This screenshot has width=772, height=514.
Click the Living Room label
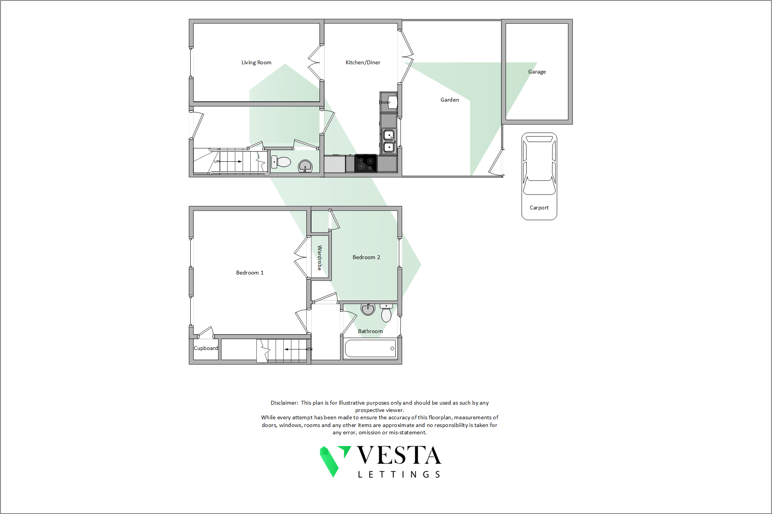(256, 62)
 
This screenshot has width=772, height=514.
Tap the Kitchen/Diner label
(363, 62)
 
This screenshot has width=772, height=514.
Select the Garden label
(450, 100)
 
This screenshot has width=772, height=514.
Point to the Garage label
(537, 72)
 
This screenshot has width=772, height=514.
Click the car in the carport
(539, 164)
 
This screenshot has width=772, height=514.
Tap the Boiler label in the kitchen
(386, 102)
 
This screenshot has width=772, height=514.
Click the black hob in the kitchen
(366, 163)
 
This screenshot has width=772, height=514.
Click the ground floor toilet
(281, 162)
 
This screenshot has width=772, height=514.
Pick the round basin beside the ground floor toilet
(305, 166)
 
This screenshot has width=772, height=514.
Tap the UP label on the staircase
(216, 162)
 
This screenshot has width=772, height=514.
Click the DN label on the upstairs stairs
(310, 349)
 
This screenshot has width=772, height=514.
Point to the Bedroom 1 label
(250, 273)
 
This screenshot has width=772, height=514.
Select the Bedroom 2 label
(366, 257)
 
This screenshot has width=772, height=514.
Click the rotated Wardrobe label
(319, 258)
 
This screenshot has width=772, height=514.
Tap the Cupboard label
(206, 348)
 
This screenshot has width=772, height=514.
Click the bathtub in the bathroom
(370, 348)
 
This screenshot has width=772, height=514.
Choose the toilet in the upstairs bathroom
(386, 313)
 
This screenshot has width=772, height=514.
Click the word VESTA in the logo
(399, 455)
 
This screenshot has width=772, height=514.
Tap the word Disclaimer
(285, 403)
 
